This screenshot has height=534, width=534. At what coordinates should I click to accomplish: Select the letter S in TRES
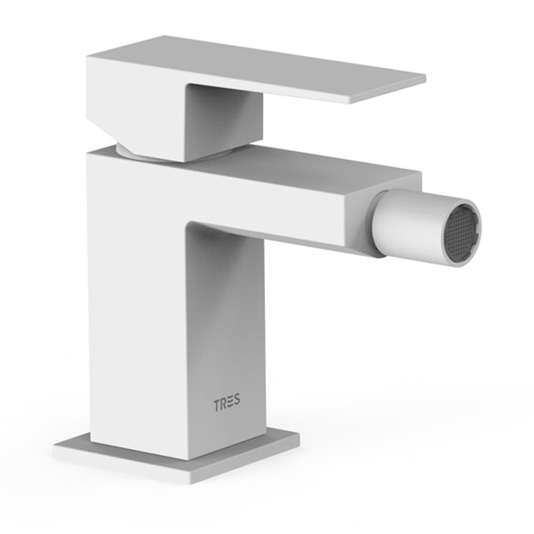(x=237, y=400)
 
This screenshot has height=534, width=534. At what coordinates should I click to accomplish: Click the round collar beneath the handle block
(x=133, y=150)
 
